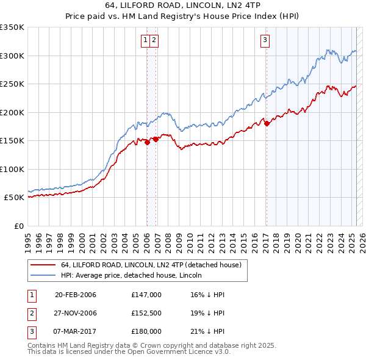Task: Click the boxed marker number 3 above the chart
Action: pyautogui.click(x=266, y=41)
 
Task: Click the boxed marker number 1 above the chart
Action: pyautogui.click(x=146, y=41)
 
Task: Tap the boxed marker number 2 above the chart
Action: pyautogui.click(x=154, y=41)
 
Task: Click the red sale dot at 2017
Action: pyautogui.click(x=267, y=124)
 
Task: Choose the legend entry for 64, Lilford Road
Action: pyautogui.click(x=151, y=265)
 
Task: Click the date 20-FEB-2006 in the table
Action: pyautogui.click(x=75, y=295)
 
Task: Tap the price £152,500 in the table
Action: pyautogui.click(x=146, y=313)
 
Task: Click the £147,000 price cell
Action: pyautogui.click(x=146, y=295)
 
